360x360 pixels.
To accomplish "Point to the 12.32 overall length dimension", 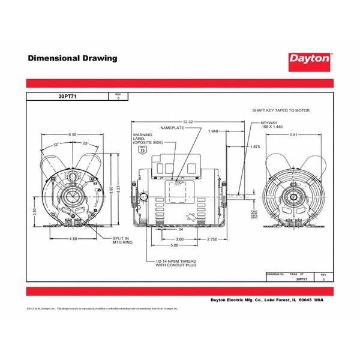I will click(x=188, y=122).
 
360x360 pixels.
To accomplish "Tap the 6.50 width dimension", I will click(x=72, y=134).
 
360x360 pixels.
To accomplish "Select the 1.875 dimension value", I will click(x=254, y=147).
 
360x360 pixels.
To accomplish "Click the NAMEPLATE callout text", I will click(x=170, y=128).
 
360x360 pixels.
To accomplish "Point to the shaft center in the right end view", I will click(x=294, y=196).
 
